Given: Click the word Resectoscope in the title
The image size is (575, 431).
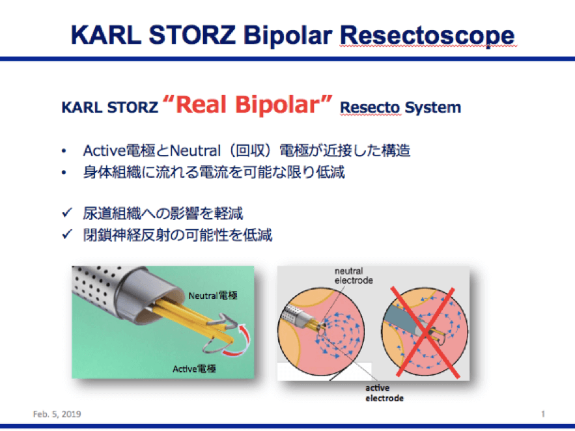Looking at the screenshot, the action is [x=428, y=36].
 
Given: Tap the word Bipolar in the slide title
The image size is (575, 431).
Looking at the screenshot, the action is [x=288, y=36].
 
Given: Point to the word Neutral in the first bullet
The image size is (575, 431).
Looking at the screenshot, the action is [x=195, y=150].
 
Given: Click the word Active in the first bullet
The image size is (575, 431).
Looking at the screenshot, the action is [x=104, y=150].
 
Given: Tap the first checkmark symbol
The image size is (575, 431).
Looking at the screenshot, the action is [x=67, y=212].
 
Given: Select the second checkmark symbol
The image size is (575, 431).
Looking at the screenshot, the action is [x=67, y=234].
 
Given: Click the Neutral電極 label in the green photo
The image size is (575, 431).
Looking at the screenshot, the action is [x=213, y=296].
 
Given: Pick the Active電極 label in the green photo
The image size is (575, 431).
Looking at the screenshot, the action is [x=194, y=368].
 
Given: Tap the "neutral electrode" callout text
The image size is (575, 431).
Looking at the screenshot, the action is [x=354, y=275].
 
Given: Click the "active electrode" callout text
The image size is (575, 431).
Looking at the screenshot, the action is [x=384, y=393].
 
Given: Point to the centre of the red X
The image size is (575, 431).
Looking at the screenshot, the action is [x=425, y=333].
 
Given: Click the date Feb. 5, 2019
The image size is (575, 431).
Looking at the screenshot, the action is [x=57, y=414].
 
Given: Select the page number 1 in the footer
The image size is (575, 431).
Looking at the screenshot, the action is [x=543, y=414].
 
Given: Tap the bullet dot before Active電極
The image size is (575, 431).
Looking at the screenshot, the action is [x=64, y=150].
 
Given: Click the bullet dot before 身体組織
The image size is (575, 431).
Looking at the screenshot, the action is [x=64, y=173].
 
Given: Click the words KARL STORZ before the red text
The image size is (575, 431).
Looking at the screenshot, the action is [x=109, y=107].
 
